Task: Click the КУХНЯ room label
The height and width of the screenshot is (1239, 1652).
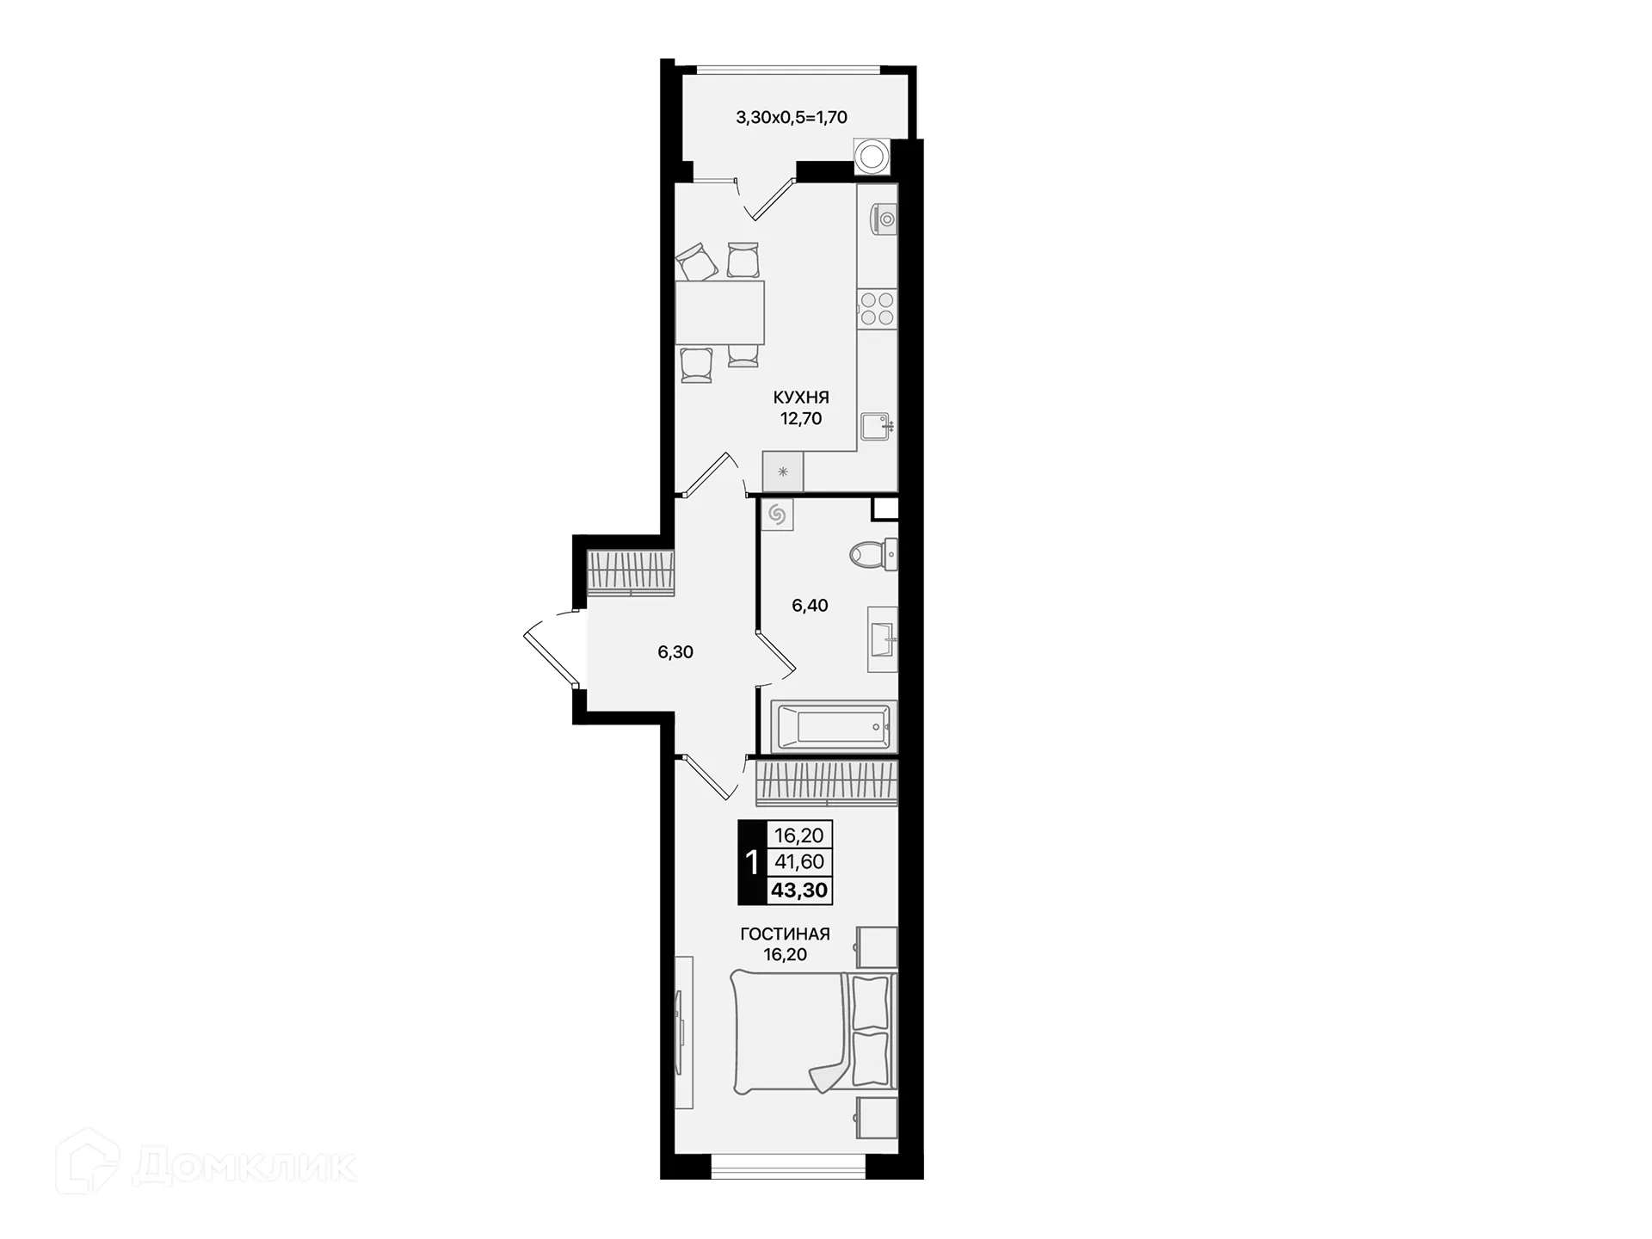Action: (x=800, y=398)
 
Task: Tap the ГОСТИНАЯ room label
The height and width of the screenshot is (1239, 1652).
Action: (x=785, y=934)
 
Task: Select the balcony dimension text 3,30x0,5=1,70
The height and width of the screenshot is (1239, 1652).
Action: (x=792, y=117)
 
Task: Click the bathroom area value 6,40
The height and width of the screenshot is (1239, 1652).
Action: (x=810, y=606)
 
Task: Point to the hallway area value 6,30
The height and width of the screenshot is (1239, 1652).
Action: (x=675, y=652)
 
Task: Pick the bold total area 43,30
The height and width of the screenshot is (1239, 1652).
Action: (x=799, y=891)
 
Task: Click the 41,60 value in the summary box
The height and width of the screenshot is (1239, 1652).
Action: (x=799, y=861)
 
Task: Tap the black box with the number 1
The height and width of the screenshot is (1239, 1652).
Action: (x=751, y=862)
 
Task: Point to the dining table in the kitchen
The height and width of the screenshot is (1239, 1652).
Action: (x=720, y=312)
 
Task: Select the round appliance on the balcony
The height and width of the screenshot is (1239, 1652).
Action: (x=872, y=157)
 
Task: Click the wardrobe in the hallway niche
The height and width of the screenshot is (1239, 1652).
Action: (x=630, y=572)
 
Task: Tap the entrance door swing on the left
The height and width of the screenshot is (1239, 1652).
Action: (x=551, y=649)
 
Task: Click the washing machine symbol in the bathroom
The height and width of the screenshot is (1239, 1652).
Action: (x=777, y=515)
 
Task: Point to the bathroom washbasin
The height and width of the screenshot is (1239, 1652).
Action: (x=883, y=639)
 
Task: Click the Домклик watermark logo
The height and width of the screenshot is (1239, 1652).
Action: (x=206, y=1166)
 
